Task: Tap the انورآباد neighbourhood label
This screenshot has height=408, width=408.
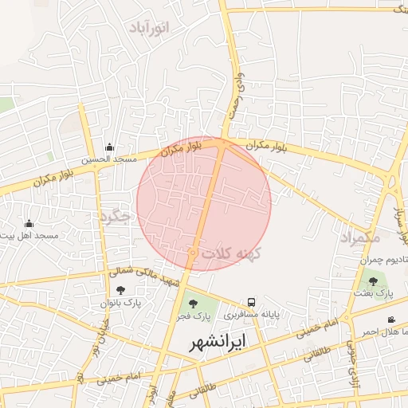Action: (149, 28)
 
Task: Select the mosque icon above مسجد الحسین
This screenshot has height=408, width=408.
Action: (110, 147)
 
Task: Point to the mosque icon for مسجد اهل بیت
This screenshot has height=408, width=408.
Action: (29, 223)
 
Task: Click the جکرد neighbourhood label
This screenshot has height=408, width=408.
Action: (115, 216)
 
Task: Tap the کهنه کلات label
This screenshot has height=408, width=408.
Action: (232, 253)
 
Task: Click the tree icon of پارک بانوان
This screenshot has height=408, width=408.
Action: (120, 290)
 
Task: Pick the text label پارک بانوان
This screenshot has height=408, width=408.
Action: (120, 304)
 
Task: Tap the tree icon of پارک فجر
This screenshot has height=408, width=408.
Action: (191, 303)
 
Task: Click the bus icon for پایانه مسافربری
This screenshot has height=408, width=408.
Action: (251, 302)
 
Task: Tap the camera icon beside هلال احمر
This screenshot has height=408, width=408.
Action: (391, 320)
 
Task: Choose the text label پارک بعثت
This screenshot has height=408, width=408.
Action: (374, 294)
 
